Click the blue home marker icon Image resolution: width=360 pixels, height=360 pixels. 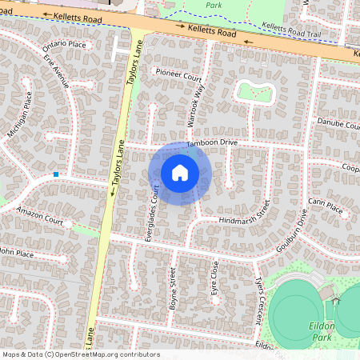point(180,173)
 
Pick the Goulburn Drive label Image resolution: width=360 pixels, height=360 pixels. point(293,233)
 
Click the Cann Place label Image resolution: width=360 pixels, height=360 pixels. point(325,206)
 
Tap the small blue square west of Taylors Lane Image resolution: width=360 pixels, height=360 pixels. point(56,174)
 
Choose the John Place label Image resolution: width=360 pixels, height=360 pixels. point(16,253)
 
